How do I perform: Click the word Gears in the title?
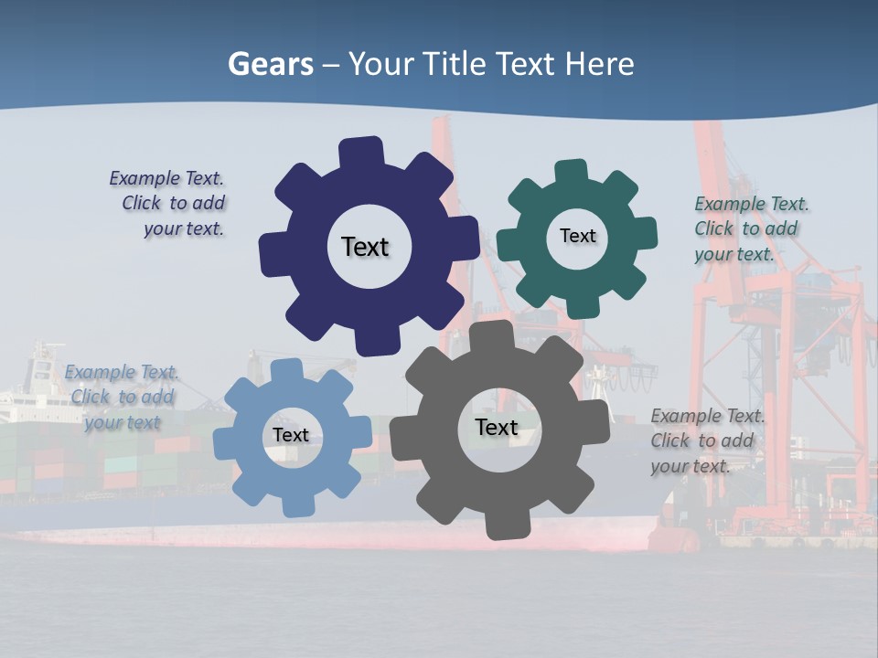tap(270, 65)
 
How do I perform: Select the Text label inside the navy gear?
tap(365, 247)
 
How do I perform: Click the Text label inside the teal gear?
tap(577, 236)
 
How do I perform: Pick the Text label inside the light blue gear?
tap(291, 435)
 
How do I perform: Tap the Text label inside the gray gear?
tap(497, 427)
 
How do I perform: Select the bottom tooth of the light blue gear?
tap(298, 504)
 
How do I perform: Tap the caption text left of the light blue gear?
tap(122, 398)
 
